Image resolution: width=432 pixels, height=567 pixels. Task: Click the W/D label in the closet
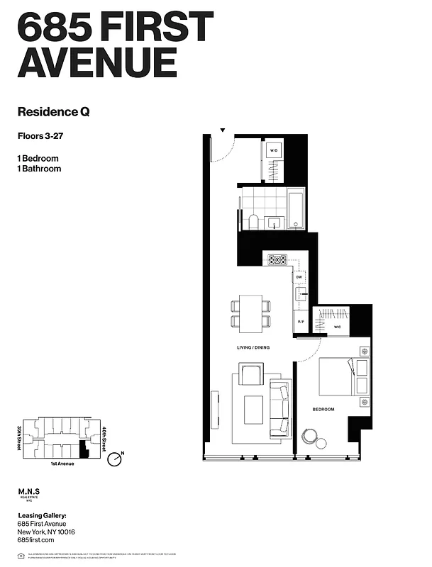[274, 150]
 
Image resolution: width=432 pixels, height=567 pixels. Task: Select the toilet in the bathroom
[253, 222]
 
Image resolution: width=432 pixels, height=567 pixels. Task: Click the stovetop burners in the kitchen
[277, 259]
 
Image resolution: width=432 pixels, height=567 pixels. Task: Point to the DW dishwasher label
[299, 277]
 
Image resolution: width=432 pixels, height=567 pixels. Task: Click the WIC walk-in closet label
[338, 327]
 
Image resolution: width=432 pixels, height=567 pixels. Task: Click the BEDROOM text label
[324, 410]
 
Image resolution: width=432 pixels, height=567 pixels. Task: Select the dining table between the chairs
[250, 313]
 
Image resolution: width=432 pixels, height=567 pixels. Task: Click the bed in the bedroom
[343, 376]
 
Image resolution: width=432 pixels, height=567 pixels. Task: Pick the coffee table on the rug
[253, 410]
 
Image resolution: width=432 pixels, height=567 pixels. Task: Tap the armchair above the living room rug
[250, 374]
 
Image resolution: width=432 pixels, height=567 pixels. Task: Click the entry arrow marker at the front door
[223, 130]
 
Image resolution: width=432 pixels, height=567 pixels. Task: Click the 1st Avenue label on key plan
[62, 464]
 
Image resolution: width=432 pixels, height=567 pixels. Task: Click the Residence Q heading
[53, 111]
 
